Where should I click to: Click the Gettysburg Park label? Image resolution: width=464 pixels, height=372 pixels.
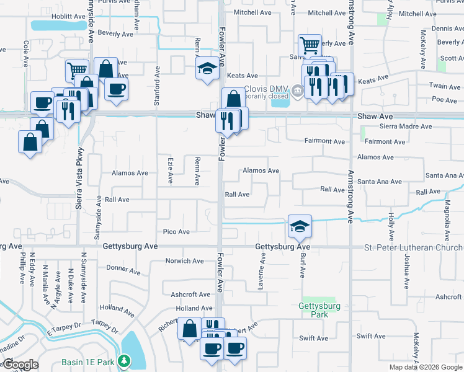pyautogui.click(x=319, y=310)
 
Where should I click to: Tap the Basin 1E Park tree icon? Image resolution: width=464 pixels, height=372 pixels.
pyautogui.click(x=124, y=361)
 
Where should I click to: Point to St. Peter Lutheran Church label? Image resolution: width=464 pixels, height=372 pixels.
pyautogui.click(x=413, y=248)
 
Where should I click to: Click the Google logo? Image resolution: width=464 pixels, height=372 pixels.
pyautogui.click(x=20, y=365)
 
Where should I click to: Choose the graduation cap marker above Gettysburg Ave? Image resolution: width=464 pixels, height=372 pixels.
pyautogui.click(x=300, y=226)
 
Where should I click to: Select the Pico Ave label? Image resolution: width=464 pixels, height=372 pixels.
pyautogui.click(x=176, y=232)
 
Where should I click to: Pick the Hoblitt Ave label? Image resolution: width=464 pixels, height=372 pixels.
pyautogui.click(x=69, y=16)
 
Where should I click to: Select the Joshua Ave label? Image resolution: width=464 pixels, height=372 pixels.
pyautogui.click(x=406, y=271)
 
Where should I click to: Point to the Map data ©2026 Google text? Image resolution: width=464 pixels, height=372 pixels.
pyautogui.click(x=426, y=367)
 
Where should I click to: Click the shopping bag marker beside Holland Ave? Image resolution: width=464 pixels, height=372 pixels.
pyautogui.click(x=189, y=329)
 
